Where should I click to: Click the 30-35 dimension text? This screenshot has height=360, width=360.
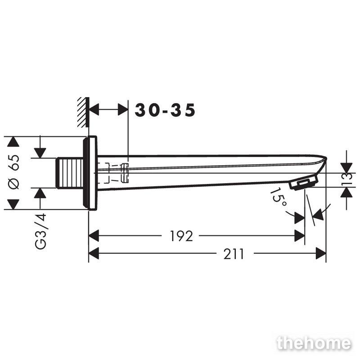pos(165,110)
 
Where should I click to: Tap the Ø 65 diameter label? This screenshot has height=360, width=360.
pos(14,172)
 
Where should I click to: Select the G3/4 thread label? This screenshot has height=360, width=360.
pos(40,231)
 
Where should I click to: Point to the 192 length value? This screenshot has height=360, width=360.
pos(181,236)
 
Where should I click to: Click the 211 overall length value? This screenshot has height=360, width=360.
pos(234,254)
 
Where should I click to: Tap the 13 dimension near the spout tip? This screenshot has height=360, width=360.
pos(347,180)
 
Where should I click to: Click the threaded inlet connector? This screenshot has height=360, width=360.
pos(70,173)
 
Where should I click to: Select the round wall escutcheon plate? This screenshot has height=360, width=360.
pos(90,173)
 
